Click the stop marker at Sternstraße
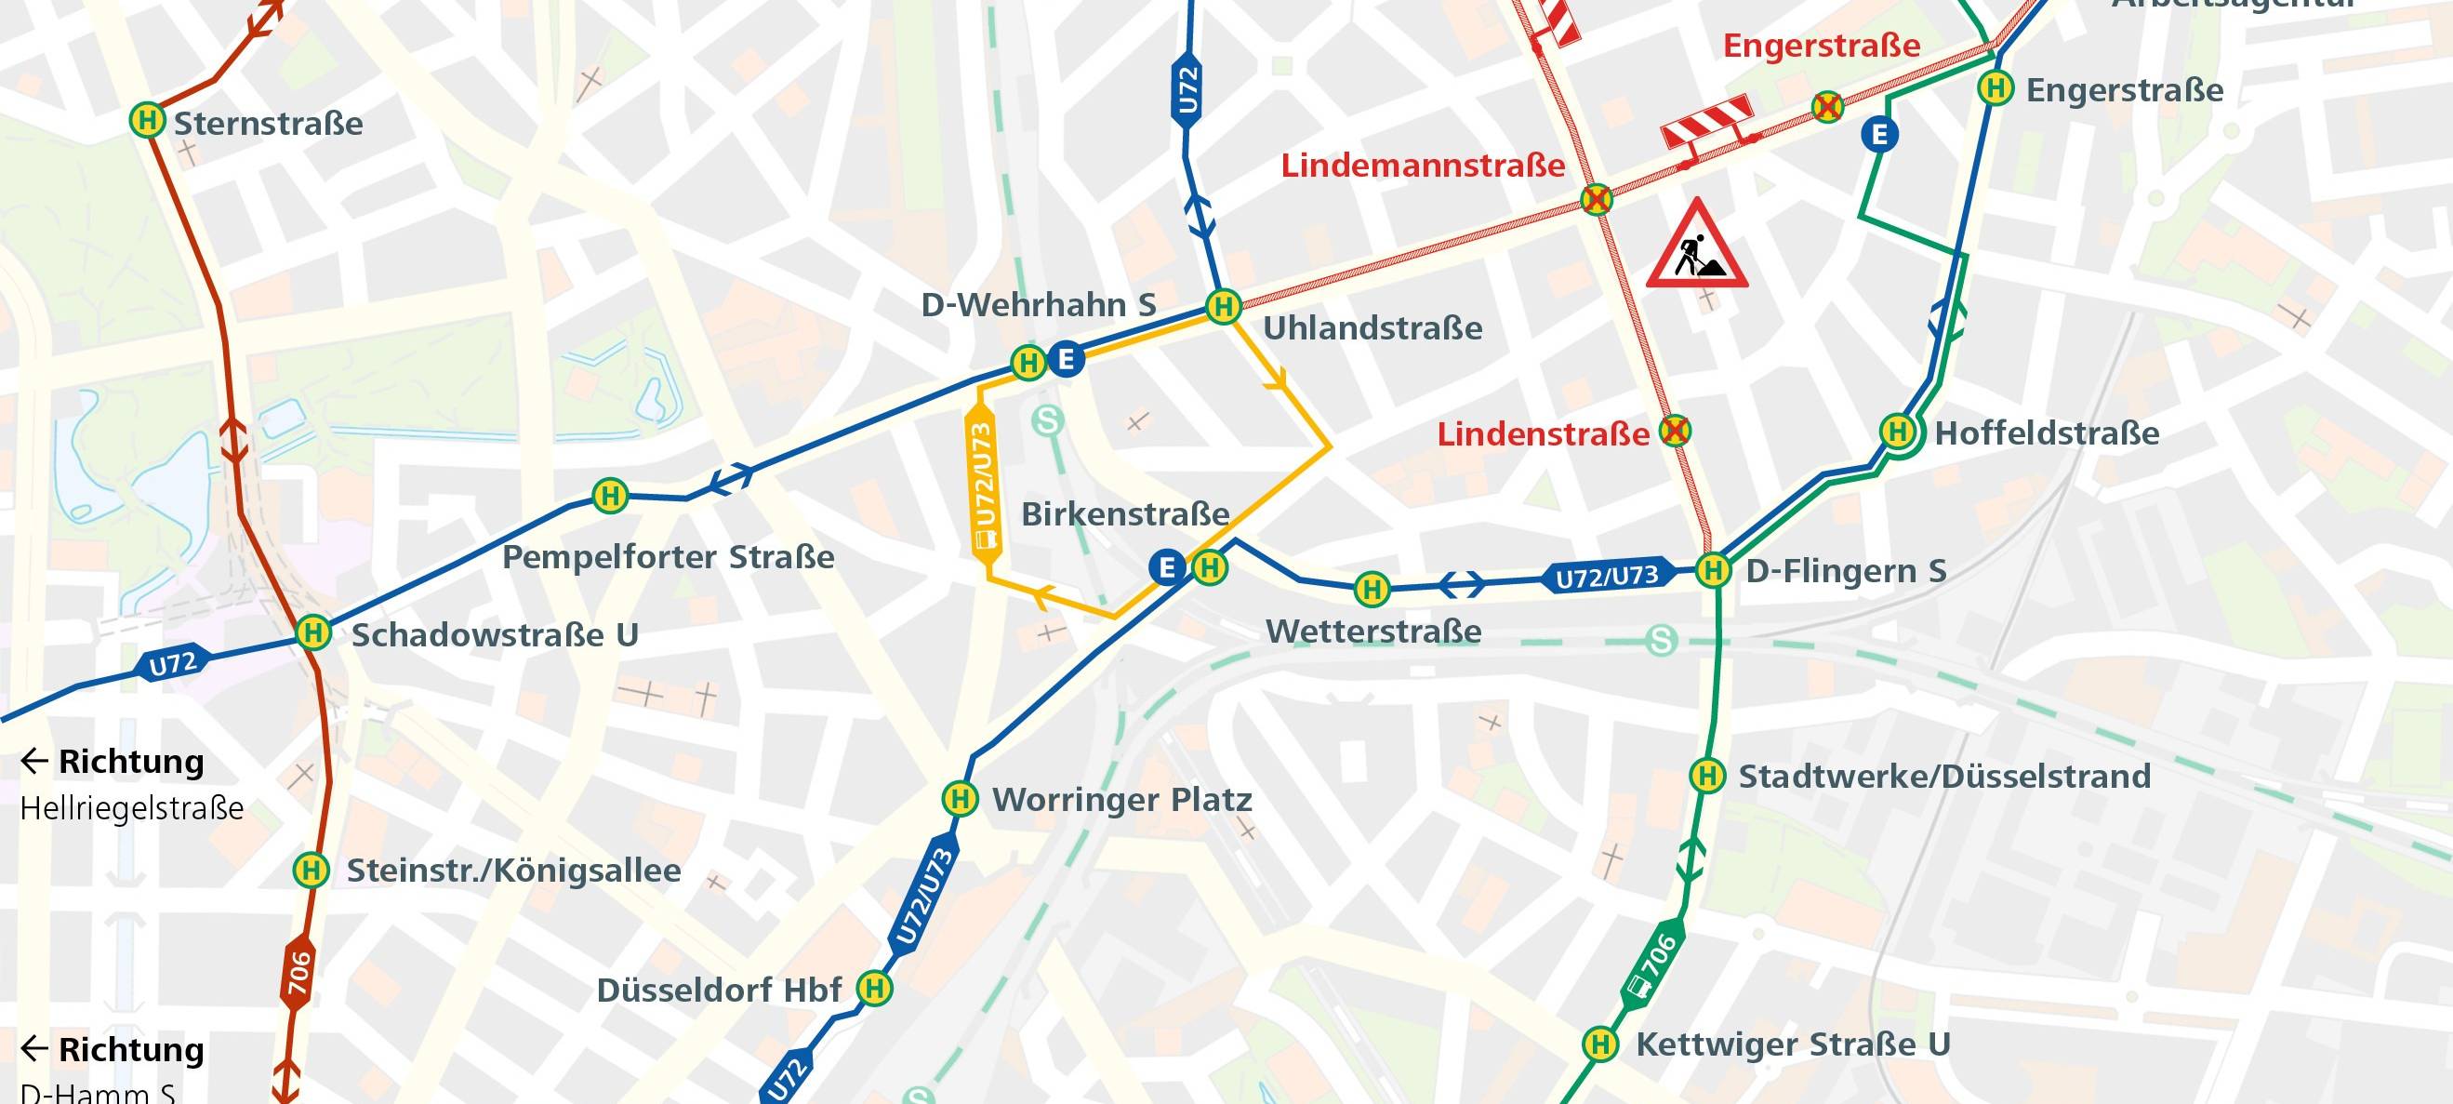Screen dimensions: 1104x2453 coord(147,121)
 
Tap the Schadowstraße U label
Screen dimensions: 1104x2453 coord(494,634)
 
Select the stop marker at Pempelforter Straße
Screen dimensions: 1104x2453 coord(610,496)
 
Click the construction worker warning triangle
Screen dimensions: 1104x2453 coord(1697,246)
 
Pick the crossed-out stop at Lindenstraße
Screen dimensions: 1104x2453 coord(1675,432)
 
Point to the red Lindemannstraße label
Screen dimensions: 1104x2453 coord(1422,166)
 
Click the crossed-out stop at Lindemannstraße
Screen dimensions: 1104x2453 coord(1597,200)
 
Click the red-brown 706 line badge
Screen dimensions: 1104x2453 coord(299,974)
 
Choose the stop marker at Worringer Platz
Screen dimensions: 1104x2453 coord(960,798)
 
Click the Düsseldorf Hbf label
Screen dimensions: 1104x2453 coord(719,991)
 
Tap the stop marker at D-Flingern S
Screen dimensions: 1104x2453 coord(1713,570)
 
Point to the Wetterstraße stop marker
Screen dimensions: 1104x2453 coord(1372,590)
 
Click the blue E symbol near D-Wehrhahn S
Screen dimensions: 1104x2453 coord(1067,360)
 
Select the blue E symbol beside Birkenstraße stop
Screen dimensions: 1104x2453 coord(1166,566)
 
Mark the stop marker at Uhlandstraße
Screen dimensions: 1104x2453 coord(1223,307)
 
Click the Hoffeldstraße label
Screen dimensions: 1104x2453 coord(2047,433)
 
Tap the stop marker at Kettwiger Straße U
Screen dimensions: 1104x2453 coord(1599,1044)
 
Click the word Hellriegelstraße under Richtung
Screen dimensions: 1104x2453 coord(131,809)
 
